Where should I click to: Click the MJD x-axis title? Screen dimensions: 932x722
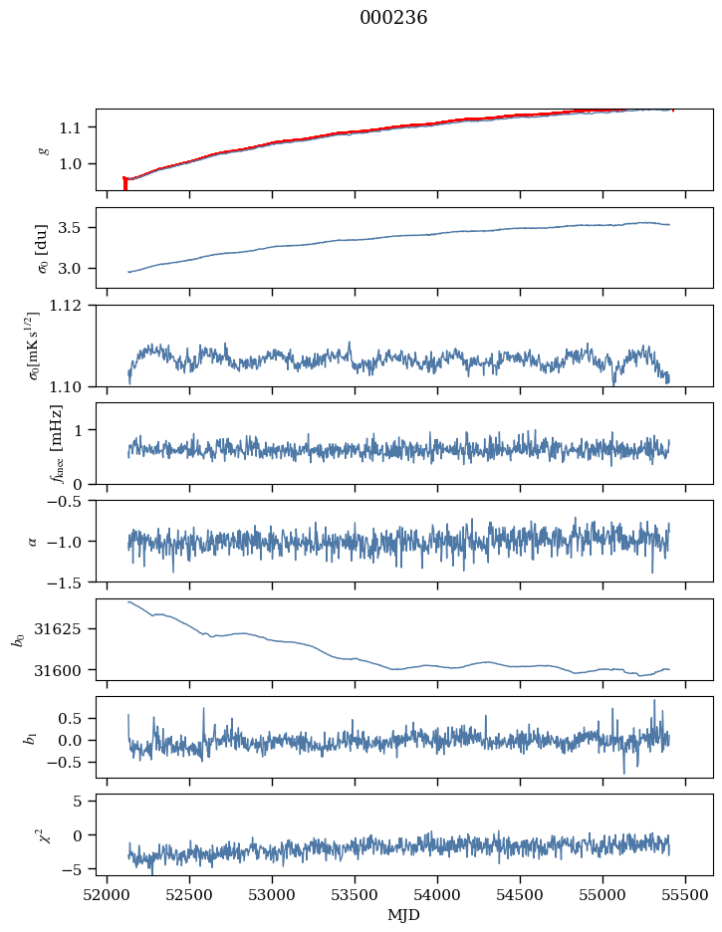tap(403, 915)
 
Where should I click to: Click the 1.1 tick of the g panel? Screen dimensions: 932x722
tap(76, 127)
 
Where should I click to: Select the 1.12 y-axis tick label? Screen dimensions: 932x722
tap(72, 306)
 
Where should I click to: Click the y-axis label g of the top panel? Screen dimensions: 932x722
tap(43, 149)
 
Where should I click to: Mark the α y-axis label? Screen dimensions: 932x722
tap(33, 541)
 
